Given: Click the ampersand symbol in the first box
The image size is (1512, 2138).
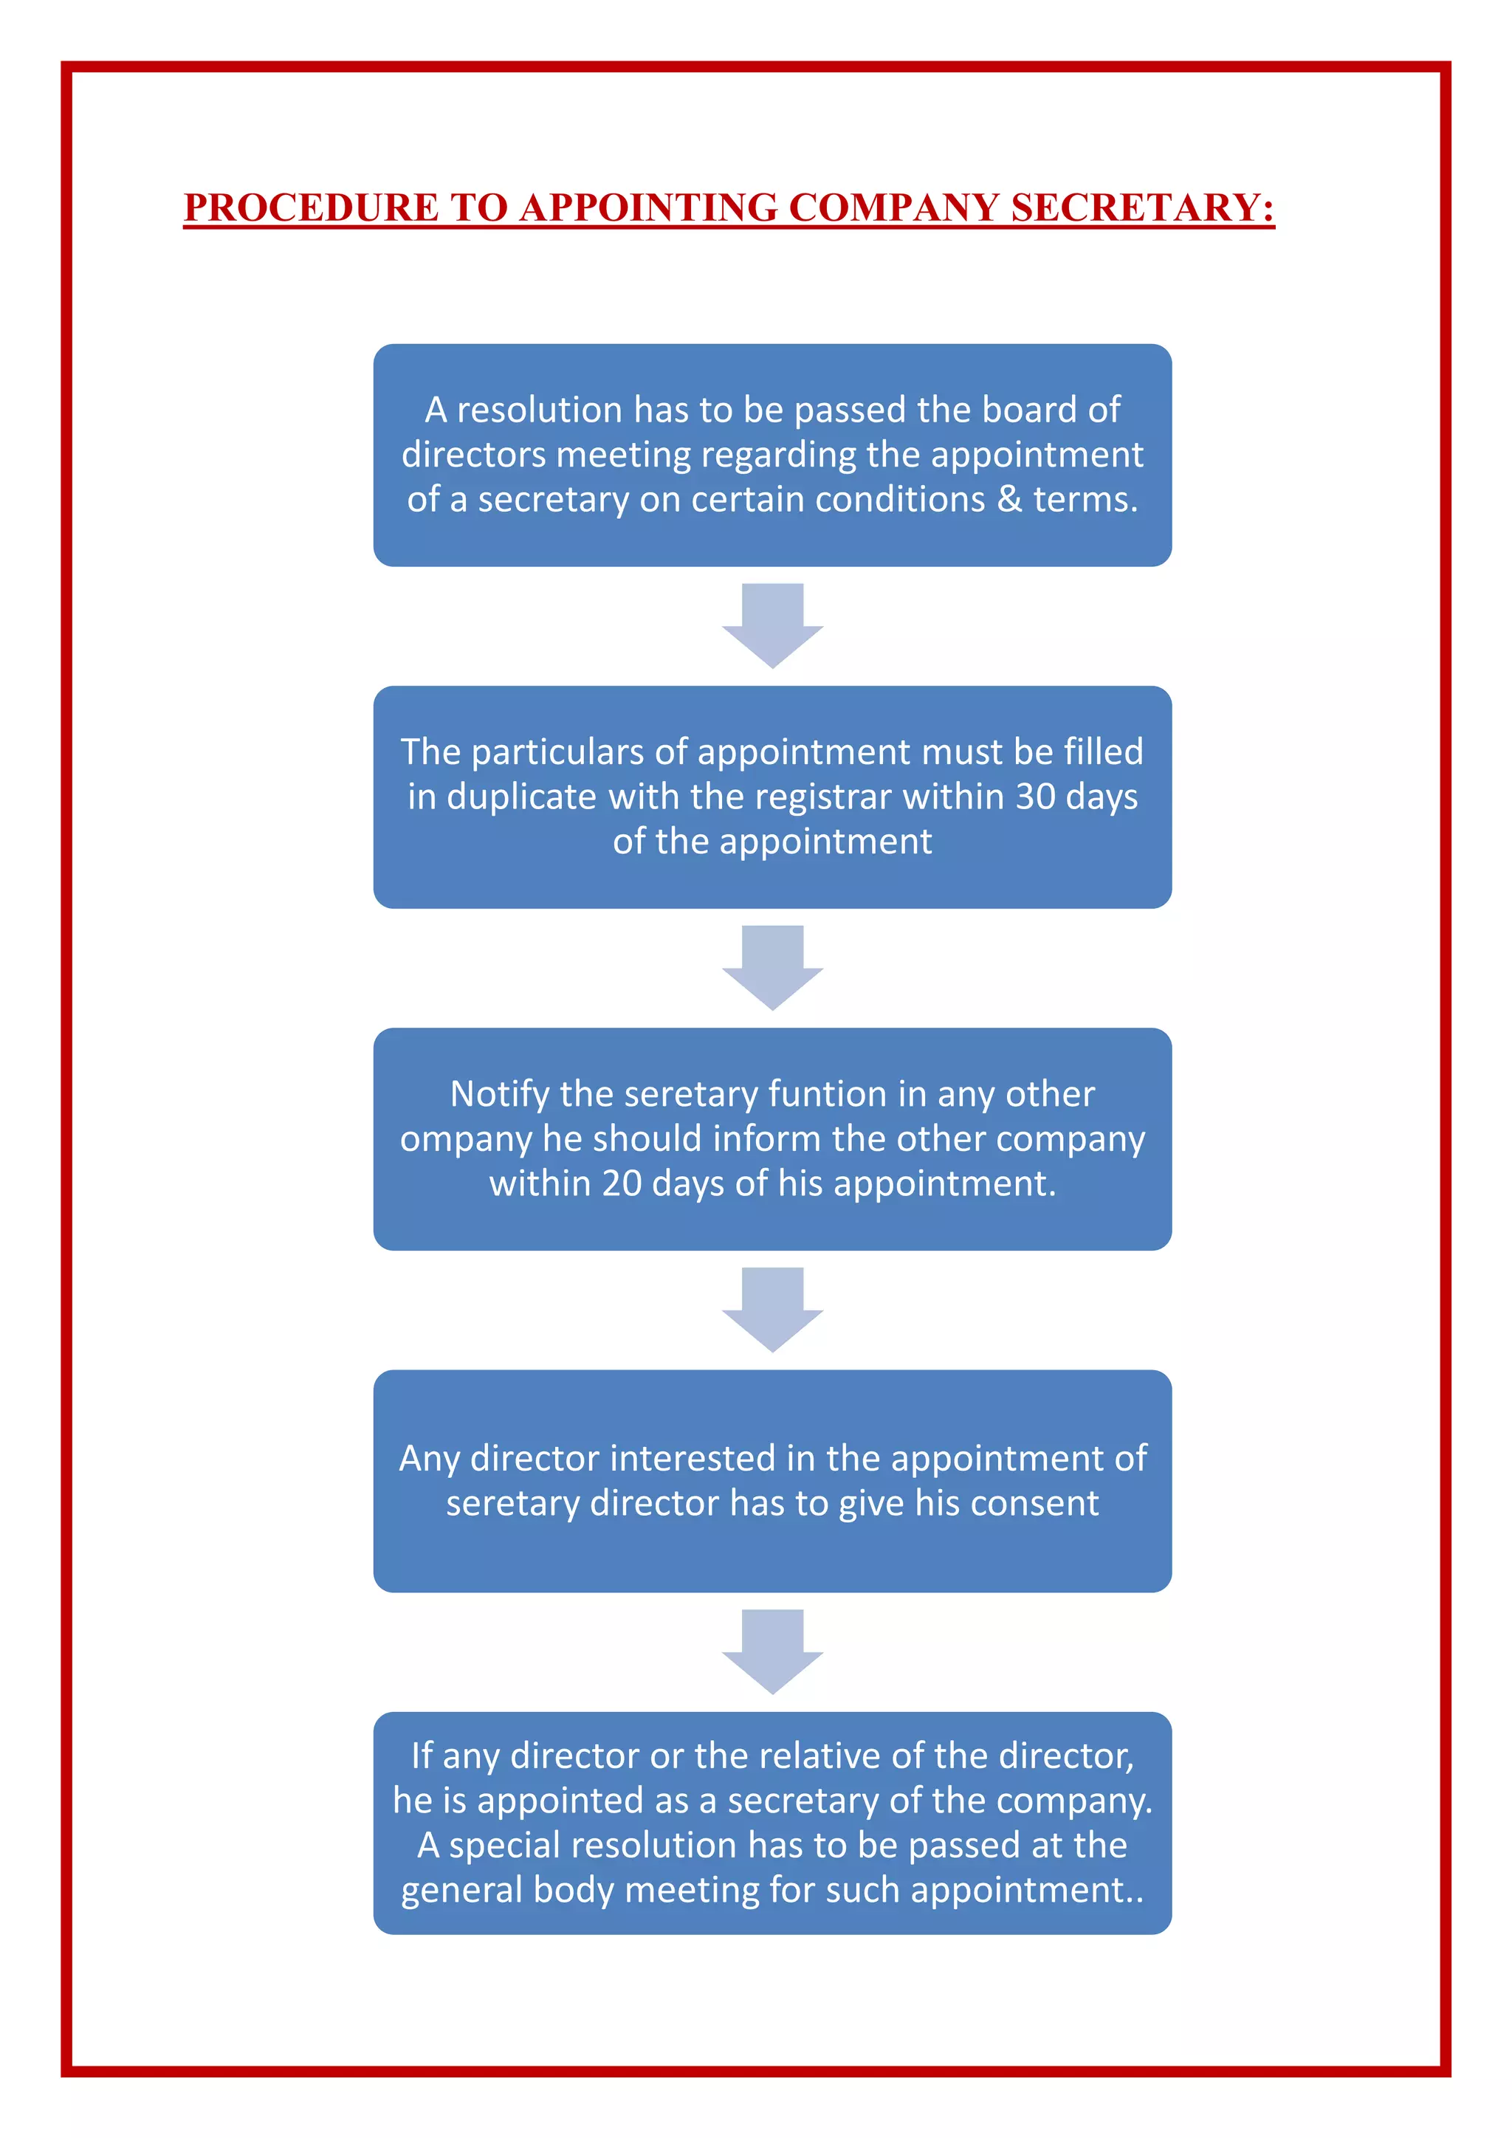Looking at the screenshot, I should click(x=1009, y=500).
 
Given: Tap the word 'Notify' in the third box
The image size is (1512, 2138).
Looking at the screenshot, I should click(x=500, y=1095).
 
